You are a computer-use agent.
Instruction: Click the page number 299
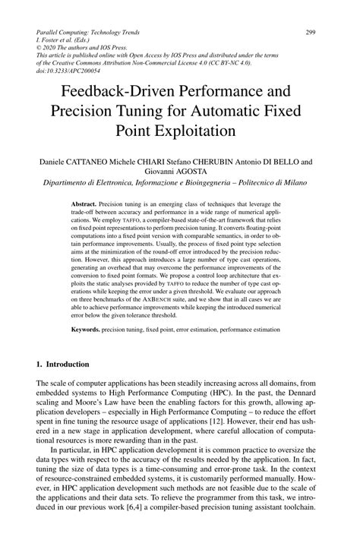click(310, 32)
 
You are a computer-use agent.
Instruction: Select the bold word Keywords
click(89, 330)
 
